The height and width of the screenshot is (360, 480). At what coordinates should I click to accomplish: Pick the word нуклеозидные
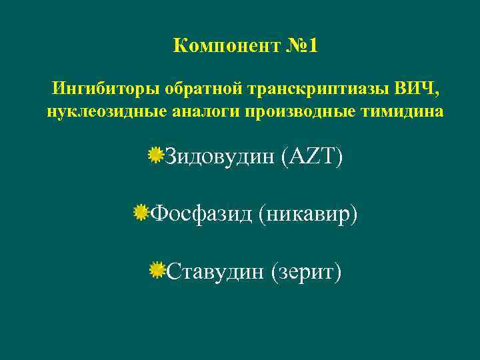click(91, 111)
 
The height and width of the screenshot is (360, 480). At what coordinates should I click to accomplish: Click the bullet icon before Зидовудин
click(156, 156)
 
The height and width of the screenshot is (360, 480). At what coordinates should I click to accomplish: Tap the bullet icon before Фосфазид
click(141, 213)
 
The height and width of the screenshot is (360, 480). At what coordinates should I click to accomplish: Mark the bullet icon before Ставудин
click(157, 270)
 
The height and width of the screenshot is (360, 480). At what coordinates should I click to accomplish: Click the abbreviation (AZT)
click(311, 157)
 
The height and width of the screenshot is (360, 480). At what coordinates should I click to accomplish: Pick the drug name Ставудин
click(214, 271)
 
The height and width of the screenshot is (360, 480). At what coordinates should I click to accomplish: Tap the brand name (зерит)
click(305, 271)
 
